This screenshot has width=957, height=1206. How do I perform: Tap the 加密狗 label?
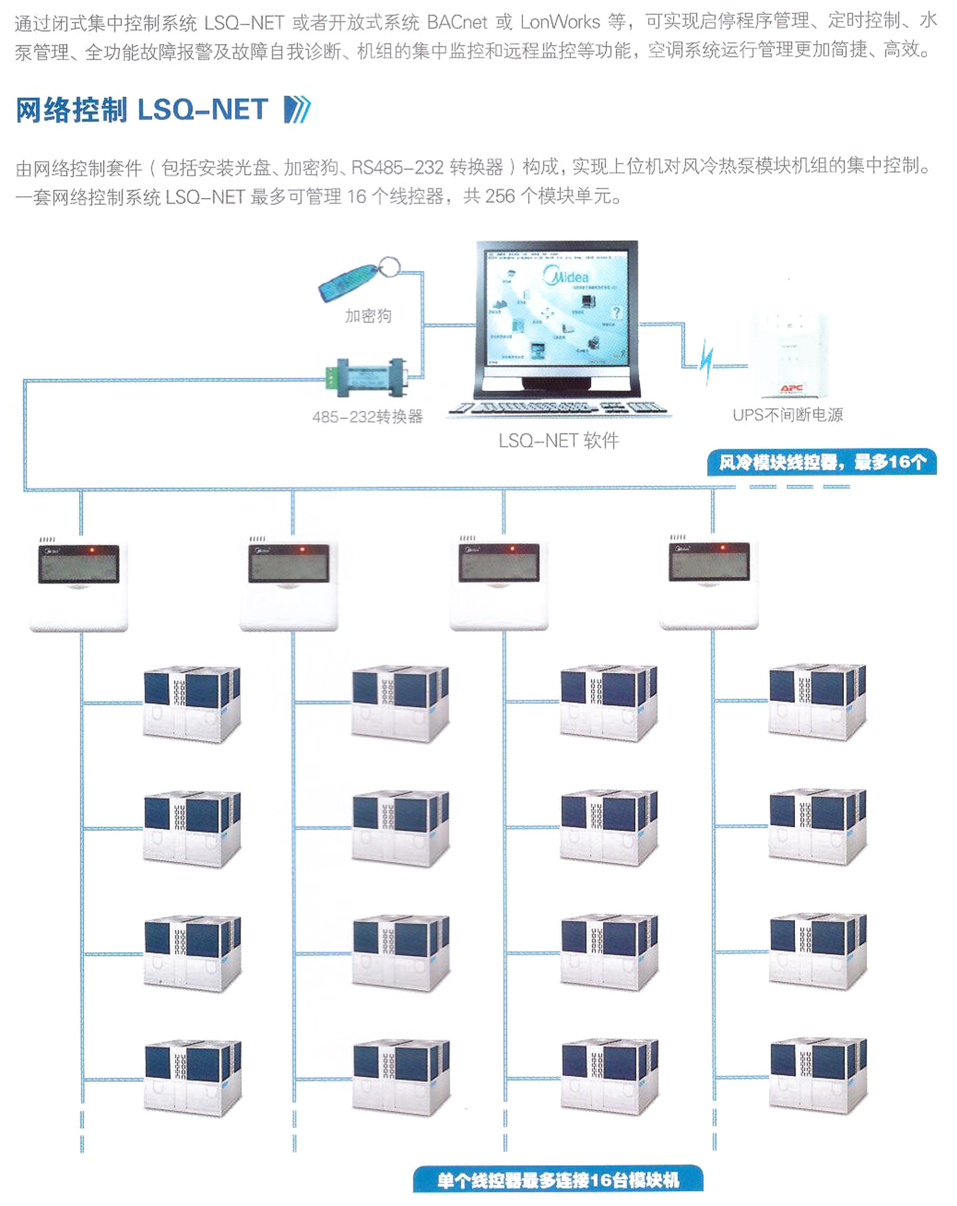point(368,315)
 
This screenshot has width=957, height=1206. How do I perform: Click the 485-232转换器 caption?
point(367,416)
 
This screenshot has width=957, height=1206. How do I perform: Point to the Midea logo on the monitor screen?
point(568,276)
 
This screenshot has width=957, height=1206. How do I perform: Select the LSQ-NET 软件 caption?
point(558,441)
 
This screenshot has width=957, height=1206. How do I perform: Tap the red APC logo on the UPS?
point(791,388)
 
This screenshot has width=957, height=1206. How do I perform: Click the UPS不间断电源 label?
point(787,415)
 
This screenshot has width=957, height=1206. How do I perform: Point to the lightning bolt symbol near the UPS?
point(707,362)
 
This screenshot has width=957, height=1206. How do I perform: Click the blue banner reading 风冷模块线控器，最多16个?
point(821,462)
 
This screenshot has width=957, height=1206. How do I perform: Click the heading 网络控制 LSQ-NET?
point(142,110)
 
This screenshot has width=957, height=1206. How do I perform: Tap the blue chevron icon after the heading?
point(297,110)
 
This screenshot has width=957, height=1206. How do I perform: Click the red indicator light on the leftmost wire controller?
point(92,550)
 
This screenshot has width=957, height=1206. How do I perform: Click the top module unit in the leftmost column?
point(192,703)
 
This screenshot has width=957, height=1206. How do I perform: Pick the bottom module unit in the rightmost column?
point(818,1077)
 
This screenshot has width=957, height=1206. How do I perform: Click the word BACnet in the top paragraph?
point(457,23)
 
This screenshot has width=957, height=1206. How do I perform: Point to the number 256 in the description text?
point(500,197)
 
